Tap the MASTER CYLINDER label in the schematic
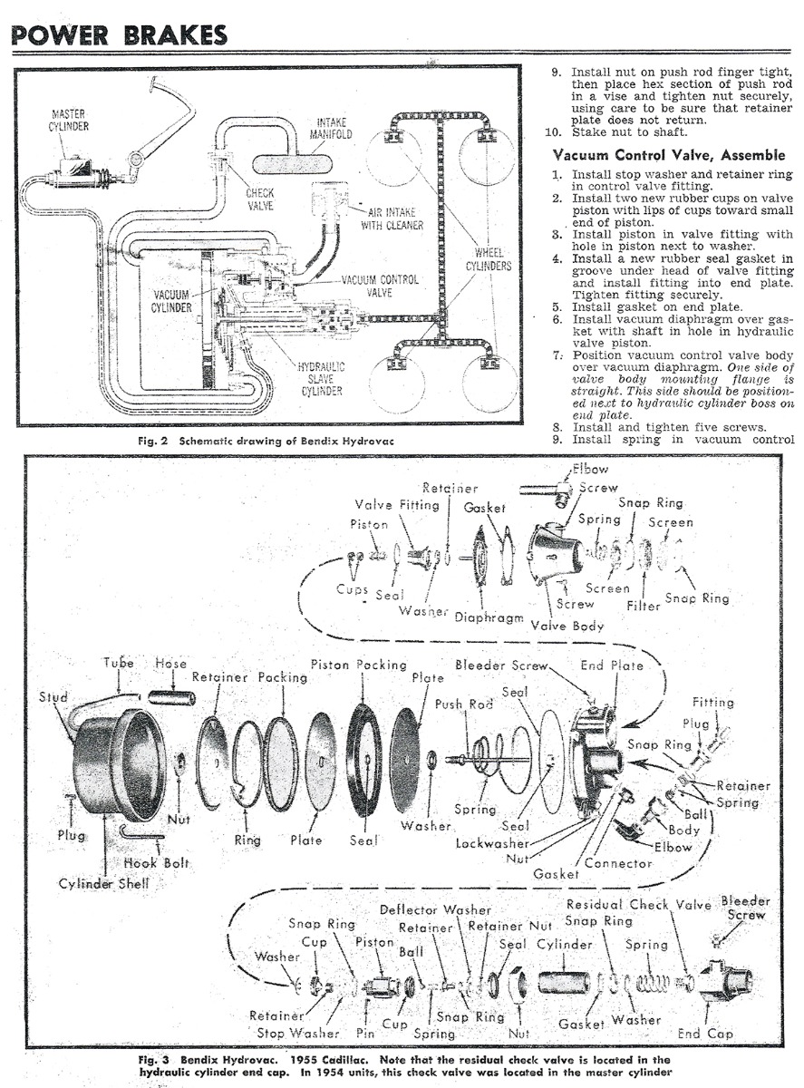click(69, 120)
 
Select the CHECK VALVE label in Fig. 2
click(260, 199)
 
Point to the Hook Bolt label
click(156, 862)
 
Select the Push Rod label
click(462, 704)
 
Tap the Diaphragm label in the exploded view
click(489, 617)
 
